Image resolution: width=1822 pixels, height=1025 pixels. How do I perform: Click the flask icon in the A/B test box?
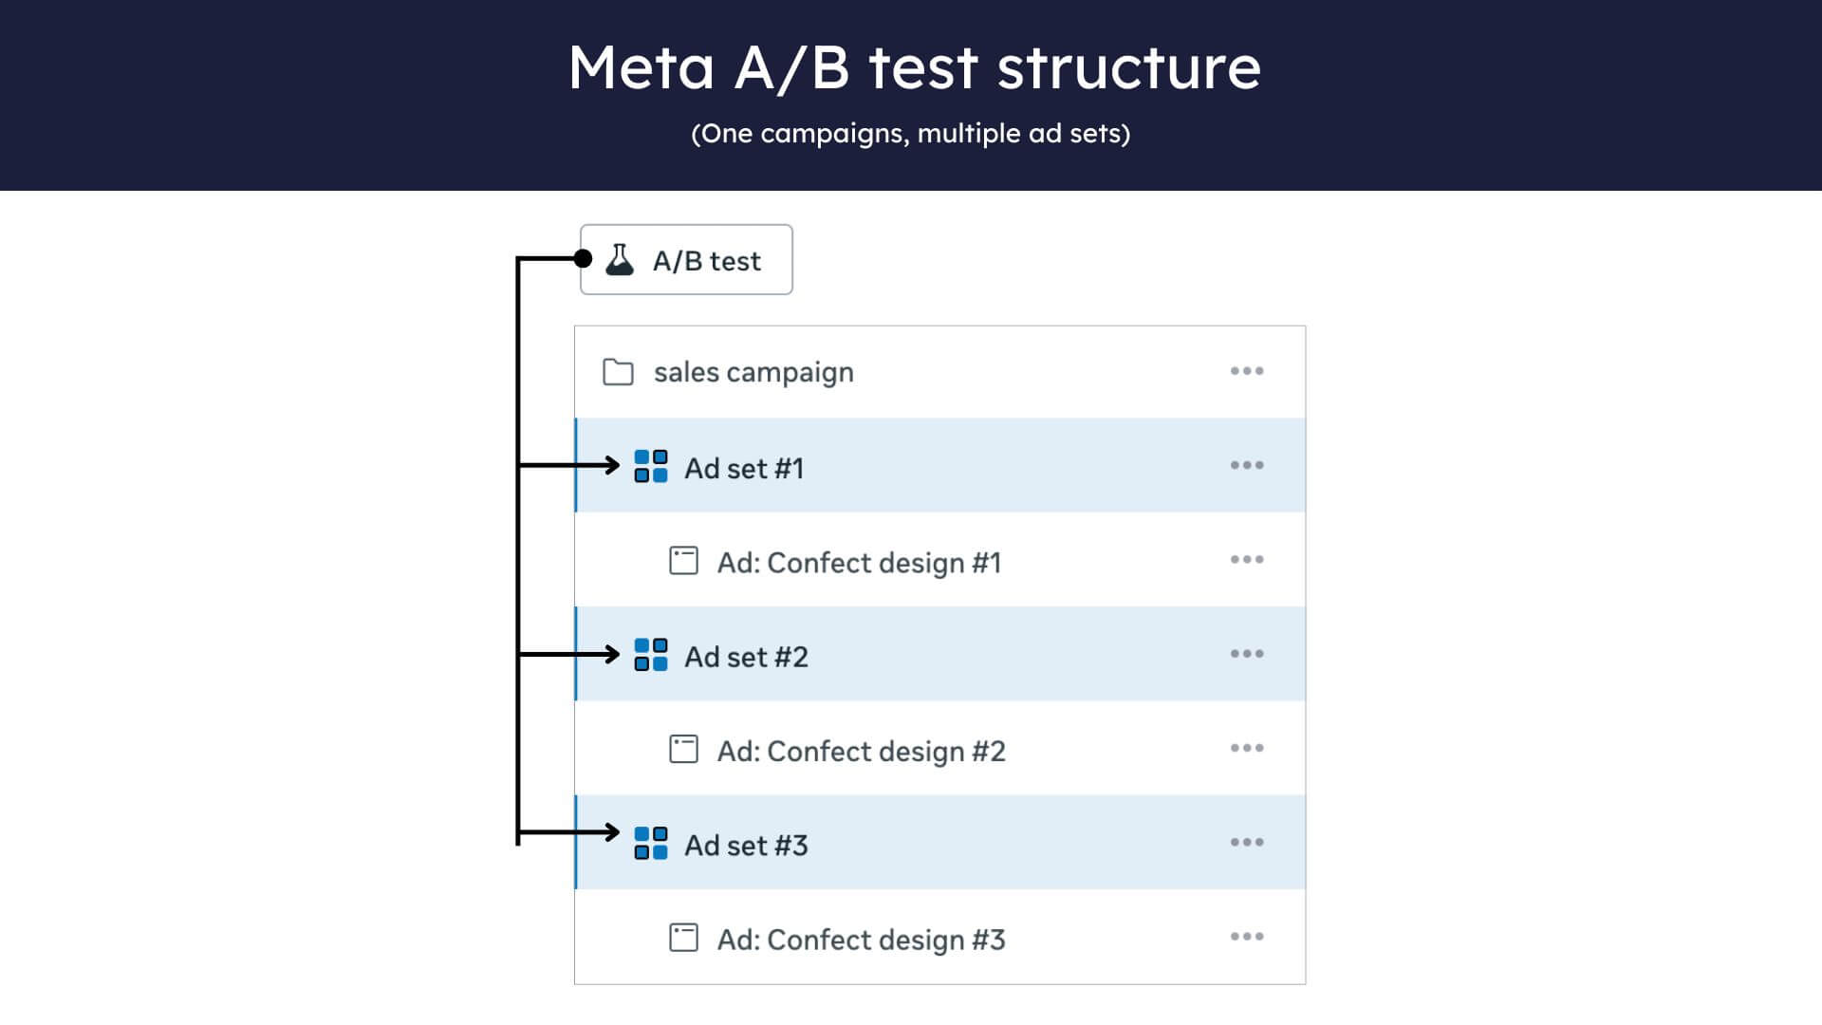tap(620, 260)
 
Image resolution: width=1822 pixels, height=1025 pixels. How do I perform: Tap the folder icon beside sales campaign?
tap(618, 372)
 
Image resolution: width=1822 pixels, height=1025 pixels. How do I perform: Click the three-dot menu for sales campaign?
tap(1247, 371)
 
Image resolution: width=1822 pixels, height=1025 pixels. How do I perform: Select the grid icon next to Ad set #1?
tap(651, 467)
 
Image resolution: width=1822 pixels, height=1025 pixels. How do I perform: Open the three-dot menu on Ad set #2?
tap(1247, 654)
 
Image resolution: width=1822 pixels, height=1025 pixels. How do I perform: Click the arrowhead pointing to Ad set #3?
tap(613, 832)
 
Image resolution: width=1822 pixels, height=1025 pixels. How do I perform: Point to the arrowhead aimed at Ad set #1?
tap(613, 465)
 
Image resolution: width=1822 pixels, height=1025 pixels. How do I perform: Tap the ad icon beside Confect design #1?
tap(683, 561)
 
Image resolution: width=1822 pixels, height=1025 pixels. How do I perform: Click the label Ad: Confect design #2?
tap(861, 752)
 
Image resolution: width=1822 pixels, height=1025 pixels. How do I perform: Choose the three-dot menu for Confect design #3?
tap(1247, 937)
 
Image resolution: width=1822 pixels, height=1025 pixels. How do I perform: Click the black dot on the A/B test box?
tap(583, 258)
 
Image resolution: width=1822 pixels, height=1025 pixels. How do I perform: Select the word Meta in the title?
tap(641, 67)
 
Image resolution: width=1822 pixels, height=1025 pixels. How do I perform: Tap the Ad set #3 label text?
tap(746, 845)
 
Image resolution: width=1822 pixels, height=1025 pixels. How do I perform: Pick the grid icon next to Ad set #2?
tap(651, 655)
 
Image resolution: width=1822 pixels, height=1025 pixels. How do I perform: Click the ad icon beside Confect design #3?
tap(683, 938)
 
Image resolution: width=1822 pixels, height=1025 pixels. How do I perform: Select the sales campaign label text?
tap(753, 372)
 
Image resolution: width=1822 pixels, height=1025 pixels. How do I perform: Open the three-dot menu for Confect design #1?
tap(1247, 560)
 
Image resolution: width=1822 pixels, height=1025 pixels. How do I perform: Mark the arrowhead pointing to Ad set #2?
tap(613, 654)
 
